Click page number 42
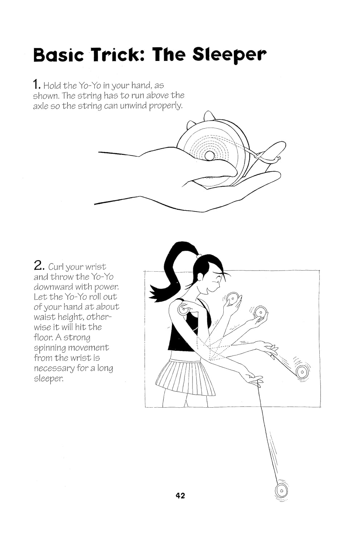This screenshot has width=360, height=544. [180, 495]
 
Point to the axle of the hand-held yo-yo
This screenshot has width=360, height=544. [209, 156]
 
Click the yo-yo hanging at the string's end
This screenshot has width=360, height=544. [282, 491]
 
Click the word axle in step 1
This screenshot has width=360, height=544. [40, 106]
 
